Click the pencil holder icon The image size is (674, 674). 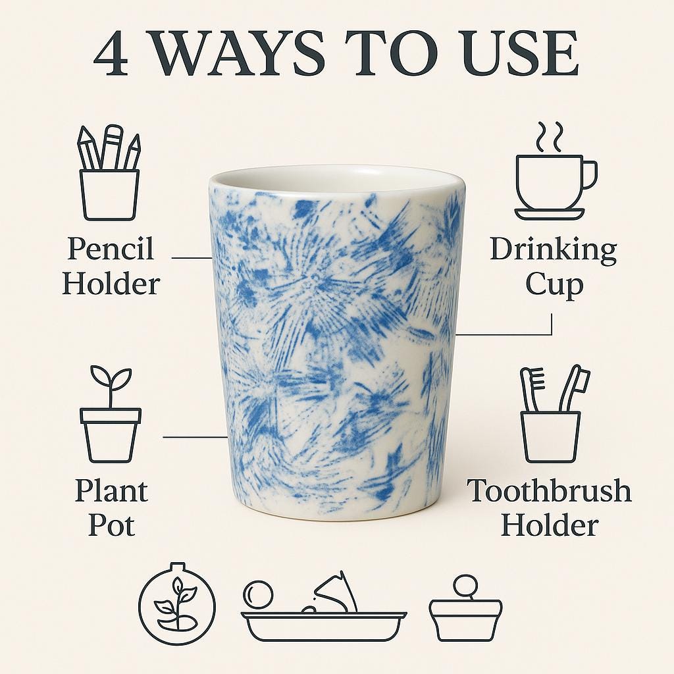[109, 173]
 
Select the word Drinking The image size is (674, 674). [553, 250]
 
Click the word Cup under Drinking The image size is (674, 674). [554, 285]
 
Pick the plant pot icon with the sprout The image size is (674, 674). [111, 413]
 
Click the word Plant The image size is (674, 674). [111, 491]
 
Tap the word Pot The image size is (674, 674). [111, 525]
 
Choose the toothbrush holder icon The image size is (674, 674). [556, 413]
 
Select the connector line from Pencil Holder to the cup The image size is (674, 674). [192, 258]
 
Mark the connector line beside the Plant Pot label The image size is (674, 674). [195, 437]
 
